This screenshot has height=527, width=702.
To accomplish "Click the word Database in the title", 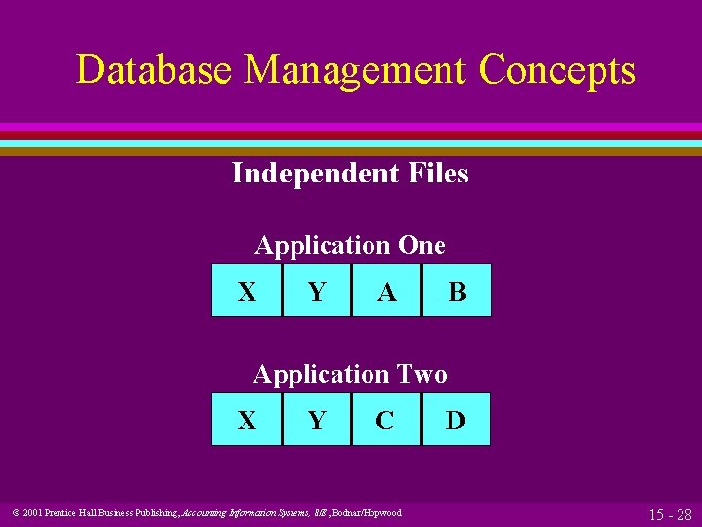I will tap(155, 70).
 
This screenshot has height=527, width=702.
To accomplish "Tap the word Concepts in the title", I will tap(557, 70).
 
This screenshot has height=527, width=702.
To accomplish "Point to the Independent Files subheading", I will tap(350, 174).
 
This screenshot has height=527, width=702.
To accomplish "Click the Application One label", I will tap(350, 245).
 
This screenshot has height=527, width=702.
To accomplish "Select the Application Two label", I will tap(350, 374).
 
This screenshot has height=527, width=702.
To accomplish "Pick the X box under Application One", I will tap(247, 291).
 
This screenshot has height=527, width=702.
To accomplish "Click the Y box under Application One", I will tap(317, 291).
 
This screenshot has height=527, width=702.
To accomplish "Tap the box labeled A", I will tap(386, 291).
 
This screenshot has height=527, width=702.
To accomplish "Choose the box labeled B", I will tap(456, 291).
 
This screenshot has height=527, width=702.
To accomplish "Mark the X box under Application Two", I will tap(247, 420).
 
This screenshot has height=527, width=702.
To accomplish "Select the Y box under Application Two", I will tap(317, 420).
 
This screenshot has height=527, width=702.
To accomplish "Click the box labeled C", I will tap(386, 420).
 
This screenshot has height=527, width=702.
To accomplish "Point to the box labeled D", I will tap(456, 420).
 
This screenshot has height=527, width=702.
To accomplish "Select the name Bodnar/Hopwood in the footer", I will tap(367, 513).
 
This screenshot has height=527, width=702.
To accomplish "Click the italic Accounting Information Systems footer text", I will tap(242, 513).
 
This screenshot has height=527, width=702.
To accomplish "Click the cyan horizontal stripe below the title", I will tap(351, 142).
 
